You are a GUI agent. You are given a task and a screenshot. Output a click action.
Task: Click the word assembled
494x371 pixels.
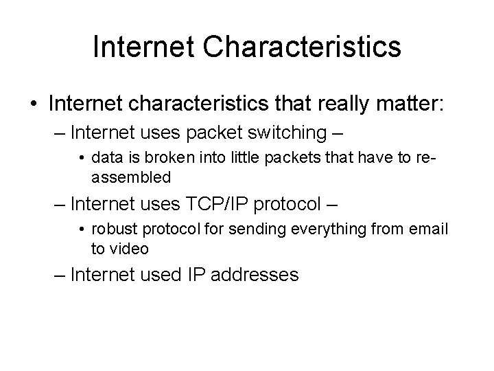[131, 177]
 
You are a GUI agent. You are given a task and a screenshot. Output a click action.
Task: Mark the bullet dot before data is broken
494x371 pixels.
[82, 159]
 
